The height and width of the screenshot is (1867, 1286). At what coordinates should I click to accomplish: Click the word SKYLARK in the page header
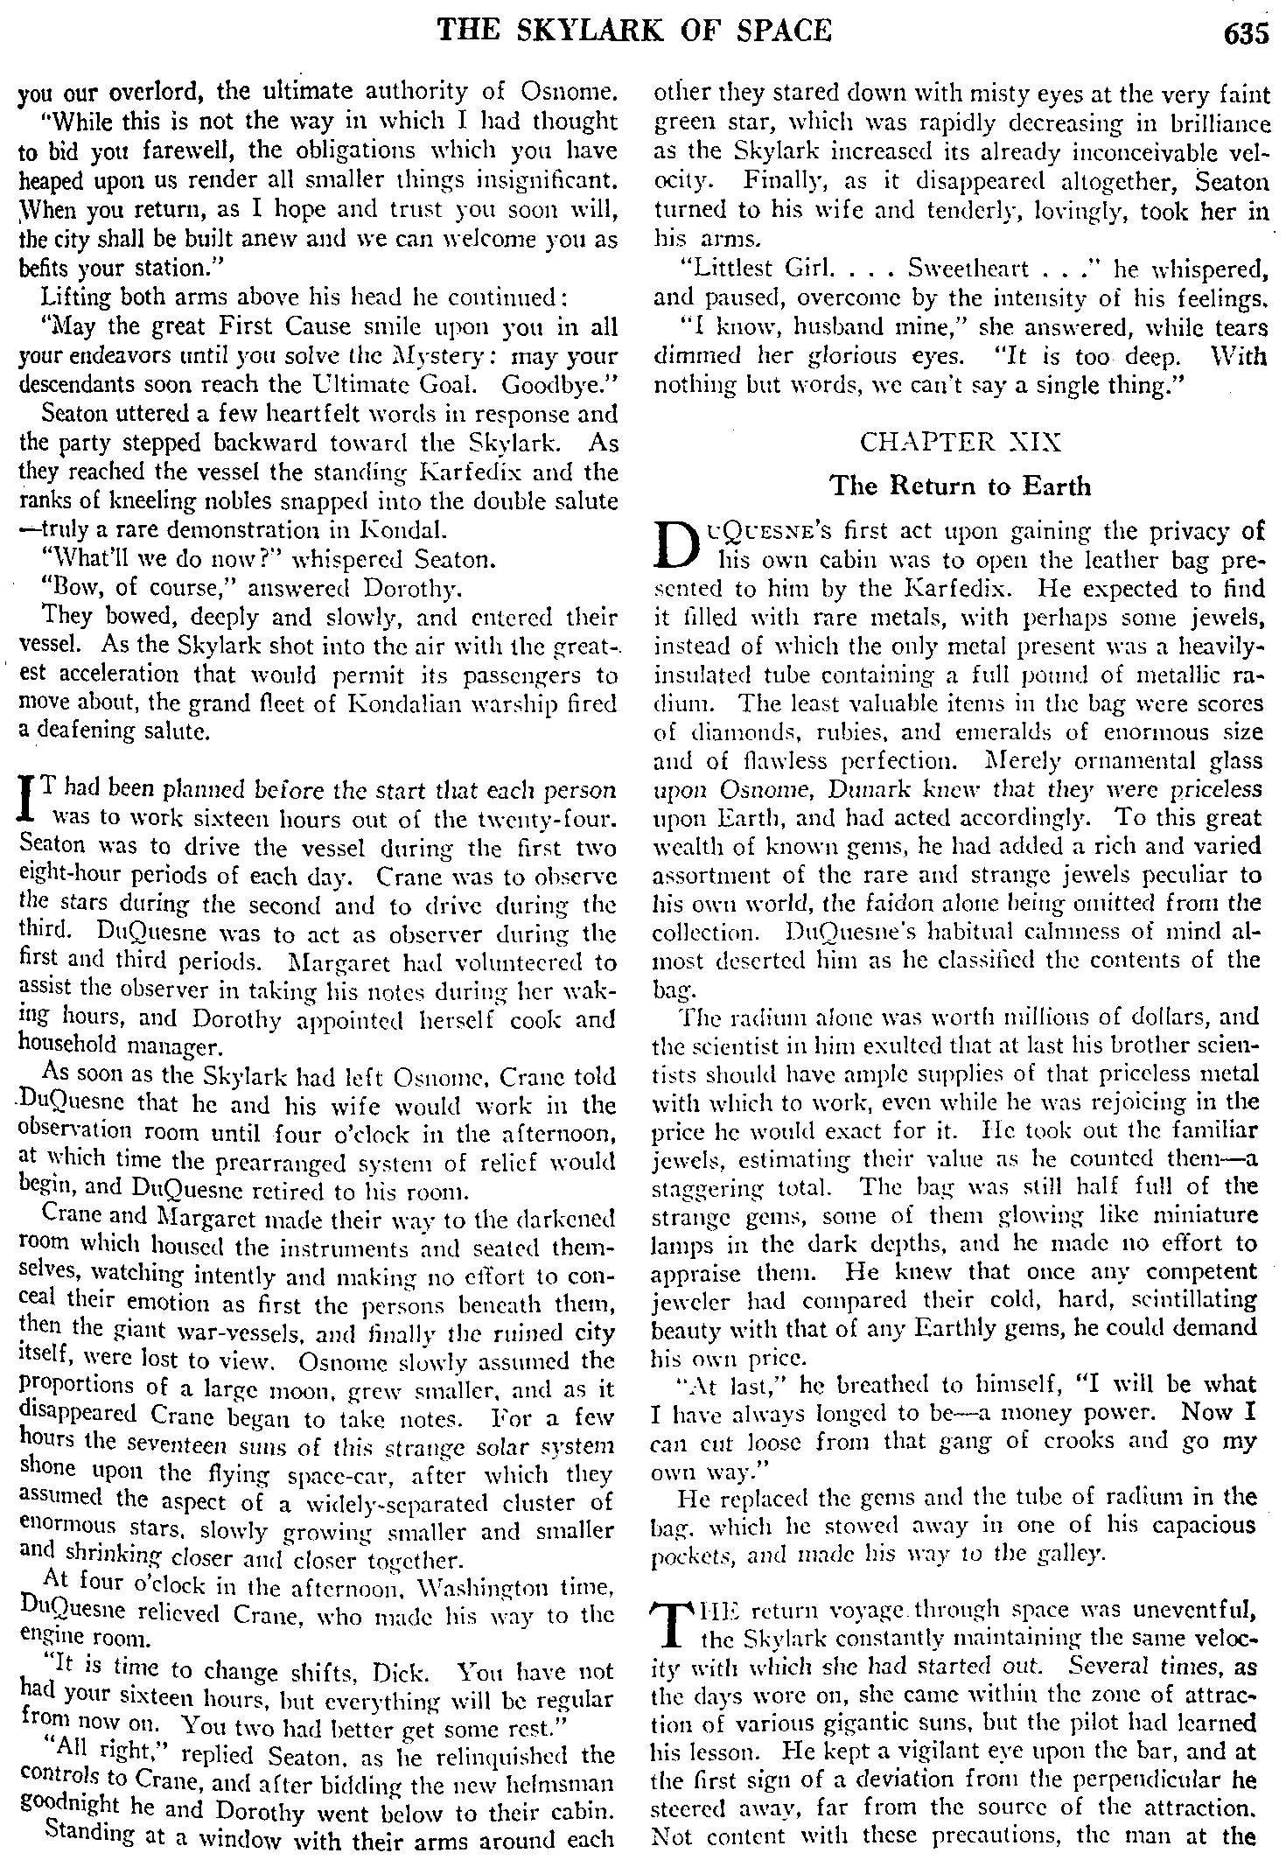[598, 31]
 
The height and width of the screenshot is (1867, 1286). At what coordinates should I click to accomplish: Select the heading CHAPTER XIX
[961, 442]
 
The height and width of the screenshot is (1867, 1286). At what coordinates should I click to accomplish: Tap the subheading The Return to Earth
[960, 486]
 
